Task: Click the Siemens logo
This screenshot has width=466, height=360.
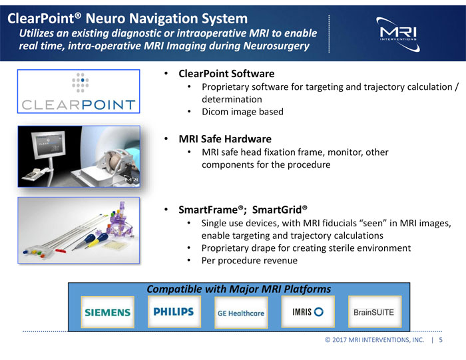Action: pyautogui.click(x=107, y=312)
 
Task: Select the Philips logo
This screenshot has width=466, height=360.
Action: pyautogui.click(x=173, y=311)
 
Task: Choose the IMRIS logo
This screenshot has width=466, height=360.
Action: pyautogui.click(x=307, y=311)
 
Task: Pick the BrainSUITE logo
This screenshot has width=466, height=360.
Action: pyautogui.click(x=373, y=312)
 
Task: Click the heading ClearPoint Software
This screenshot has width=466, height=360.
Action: pyautogui.click(x=226, y=73)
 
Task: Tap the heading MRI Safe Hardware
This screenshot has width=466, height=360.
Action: pyautogui.click(x=224, y=139)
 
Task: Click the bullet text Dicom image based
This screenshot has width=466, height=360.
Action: pyautogui.click(x=242, y=111)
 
